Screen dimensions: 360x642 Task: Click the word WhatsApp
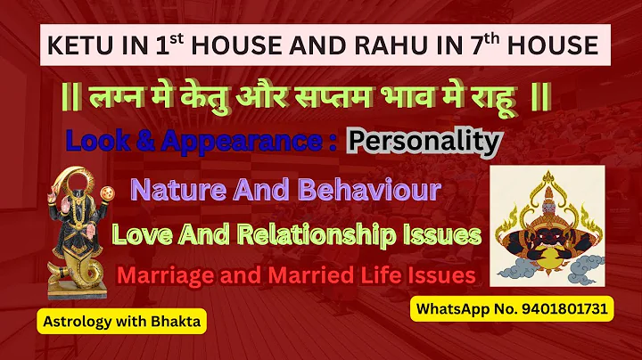454,309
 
